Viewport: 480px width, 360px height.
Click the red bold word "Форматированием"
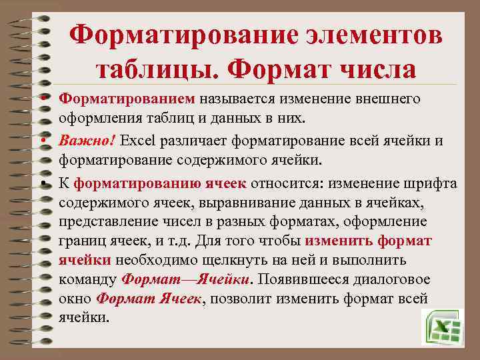click(x=127, y=99)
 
